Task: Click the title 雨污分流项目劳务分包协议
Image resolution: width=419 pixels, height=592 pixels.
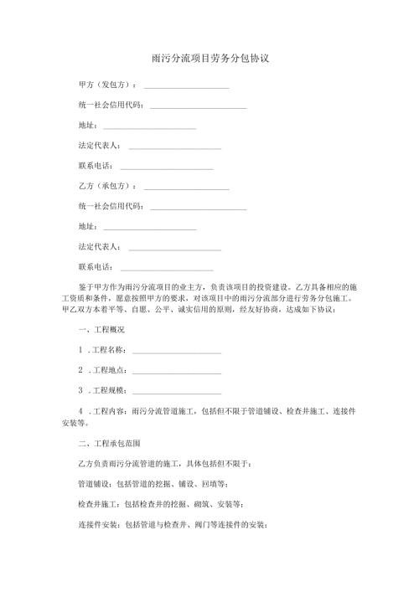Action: pos(209,59)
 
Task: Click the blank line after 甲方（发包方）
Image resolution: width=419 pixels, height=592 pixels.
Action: pos(187,86)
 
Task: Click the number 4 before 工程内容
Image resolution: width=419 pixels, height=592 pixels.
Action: pos(80,411)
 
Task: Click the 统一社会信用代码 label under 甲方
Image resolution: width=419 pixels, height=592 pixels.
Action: pos(110,106)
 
